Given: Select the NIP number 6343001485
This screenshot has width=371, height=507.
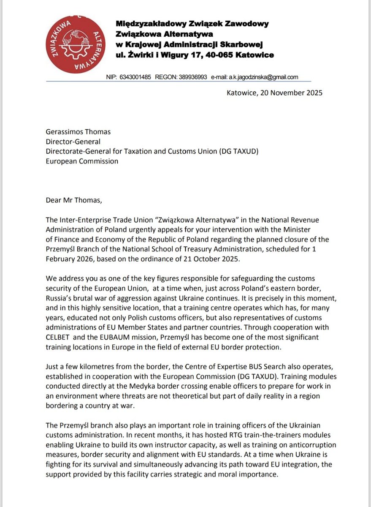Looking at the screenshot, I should click(135, 77).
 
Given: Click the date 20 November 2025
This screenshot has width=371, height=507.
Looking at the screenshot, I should click(291, 93).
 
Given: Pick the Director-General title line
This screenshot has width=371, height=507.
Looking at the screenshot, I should click(73, 142).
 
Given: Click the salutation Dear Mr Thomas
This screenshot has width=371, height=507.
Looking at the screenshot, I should click(74, 200).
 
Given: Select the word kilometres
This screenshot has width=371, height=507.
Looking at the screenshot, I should click(93, 366).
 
